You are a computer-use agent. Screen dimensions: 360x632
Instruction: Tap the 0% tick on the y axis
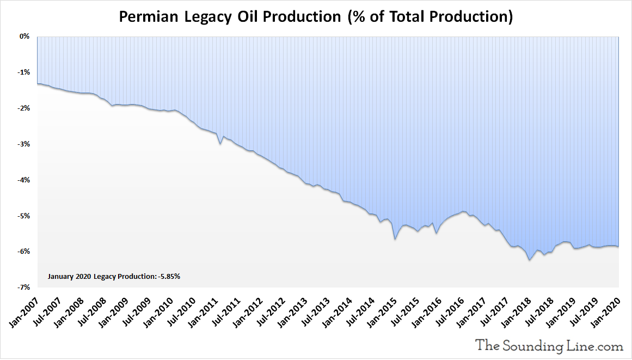click(x=24, y=36)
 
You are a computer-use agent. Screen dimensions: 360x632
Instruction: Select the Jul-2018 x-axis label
click(x=539, y=312)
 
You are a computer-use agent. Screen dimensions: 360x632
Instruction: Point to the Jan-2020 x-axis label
click(x=606, y=312)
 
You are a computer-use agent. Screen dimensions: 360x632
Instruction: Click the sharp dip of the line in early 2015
click(x=395, y=239)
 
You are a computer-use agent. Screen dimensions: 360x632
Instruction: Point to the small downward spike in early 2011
click(x=220, y=144)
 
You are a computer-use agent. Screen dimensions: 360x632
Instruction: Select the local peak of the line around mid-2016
click(x=463, y=211)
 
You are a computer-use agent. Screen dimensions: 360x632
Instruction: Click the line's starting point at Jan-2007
click(x=37, y=83)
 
